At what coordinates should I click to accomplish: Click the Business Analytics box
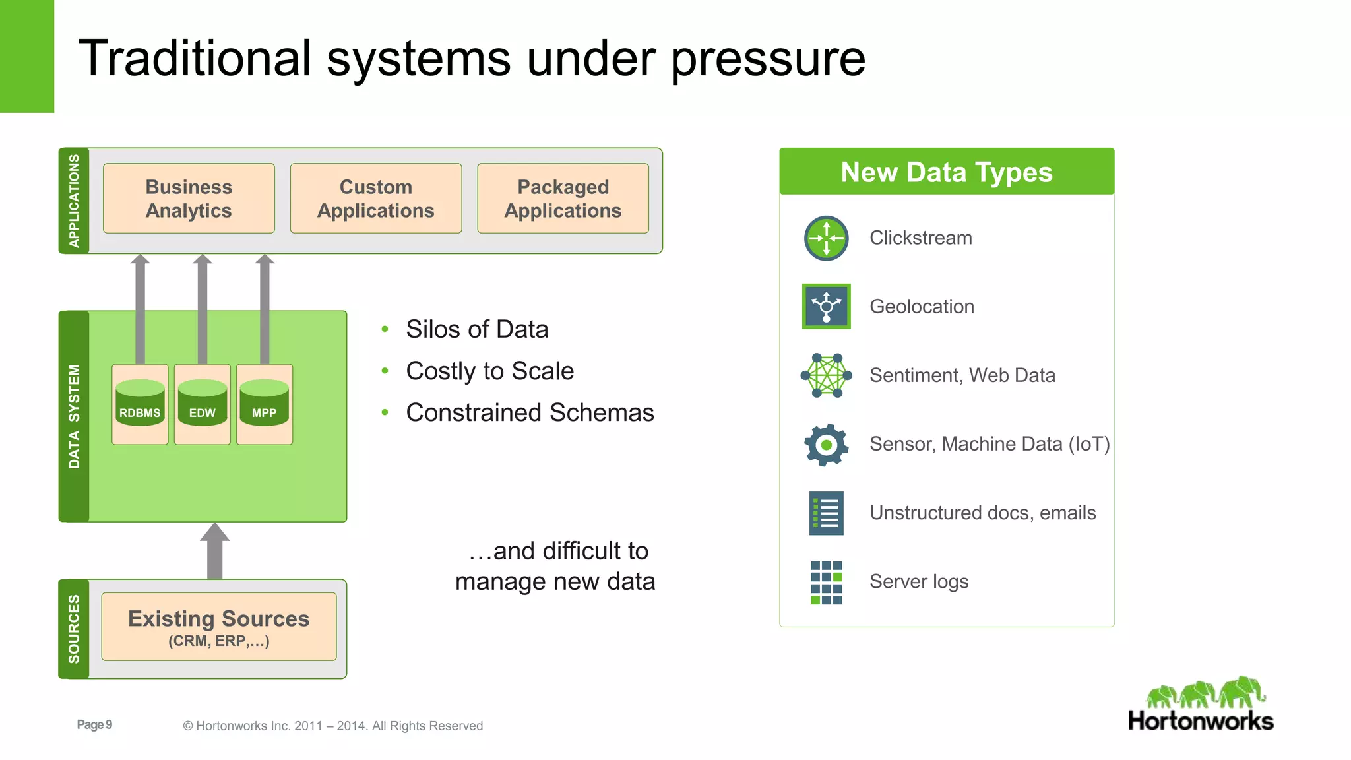[x=189, y=199]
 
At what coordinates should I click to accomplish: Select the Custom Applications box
[x=375, y=199]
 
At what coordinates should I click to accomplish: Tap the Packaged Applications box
[x=563, y=199]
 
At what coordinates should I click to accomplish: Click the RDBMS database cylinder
[x=140, y=403]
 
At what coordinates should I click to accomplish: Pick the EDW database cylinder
[x=202, y=403]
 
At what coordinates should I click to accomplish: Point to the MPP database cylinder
[x=264, y=403]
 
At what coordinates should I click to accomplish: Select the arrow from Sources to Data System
[x=214, y=552]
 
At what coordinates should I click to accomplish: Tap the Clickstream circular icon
[x=826, y=238]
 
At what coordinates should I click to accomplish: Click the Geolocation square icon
[x=826, y=306]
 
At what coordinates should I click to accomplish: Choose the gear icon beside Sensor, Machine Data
[x=826, y=445]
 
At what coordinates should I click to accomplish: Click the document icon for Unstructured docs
[x=826, y=513]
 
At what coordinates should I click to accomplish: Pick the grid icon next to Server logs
[x=826, y=583]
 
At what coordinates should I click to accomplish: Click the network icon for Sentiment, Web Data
[x=826, y=375]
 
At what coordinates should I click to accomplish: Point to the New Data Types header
[x=946, y=172]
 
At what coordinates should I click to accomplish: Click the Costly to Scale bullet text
[x=489, y=371]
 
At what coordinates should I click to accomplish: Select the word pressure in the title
[x=768, y=59]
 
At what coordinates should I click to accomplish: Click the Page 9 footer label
[x=94, y=725]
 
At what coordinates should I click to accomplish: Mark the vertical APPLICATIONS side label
[x=74, y=201]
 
